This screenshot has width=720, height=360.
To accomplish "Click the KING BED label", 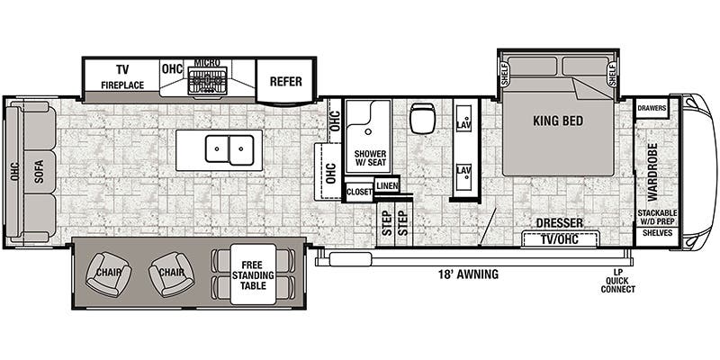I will [558, 121].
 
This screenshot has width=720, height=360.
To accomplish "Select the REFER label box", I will [285, 80].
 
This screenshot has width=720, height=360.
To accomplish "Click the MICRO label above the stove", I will [207, 65].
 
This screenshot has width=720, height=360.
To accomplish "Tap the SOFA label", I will [39, 171].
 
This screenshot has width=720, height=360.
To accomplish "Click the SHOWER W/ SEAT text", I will [369, 158].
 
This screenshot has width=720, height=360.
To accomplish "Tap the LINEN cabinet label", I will [386, 185].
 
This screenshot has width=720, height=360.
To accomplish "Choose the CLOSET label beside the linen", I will [358, 191].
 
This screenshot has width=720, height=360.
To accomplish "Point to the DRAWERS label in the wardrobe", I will [651, 108].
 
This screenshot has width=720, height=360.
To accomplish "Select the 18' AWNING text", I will [468, 274].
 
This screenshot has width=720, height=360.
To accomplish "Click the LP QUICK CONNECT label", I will [617, 280].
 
